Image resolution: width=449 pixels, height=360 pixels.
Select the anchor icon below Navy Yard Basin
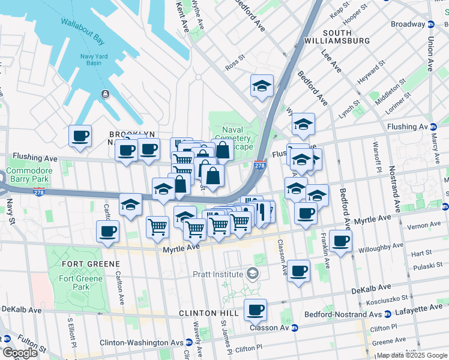pos(105,94)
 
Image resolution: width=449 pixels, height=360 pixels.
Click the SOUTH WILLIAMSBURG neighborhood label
pos(346,37)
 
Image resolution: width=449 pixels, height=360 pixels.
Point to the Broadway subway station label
pos(408,25)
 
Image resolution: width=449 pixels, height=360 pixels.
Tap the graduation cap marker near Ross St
pos(262,85)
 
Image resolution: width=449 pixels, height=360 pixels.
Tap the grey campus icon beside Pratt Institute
pos(253,274)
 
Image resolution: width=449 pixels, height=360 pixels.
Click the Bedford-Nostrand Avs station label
pos(351,314)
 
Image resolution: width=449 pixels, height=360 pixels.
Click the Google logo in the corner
pos(20,353)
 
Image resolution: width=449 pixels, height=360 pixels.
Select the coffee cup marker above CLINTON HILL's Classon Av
pos(256,310)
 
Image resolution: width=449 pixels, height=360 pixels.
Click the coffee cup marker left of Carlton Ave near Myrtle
pos(107,232)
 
